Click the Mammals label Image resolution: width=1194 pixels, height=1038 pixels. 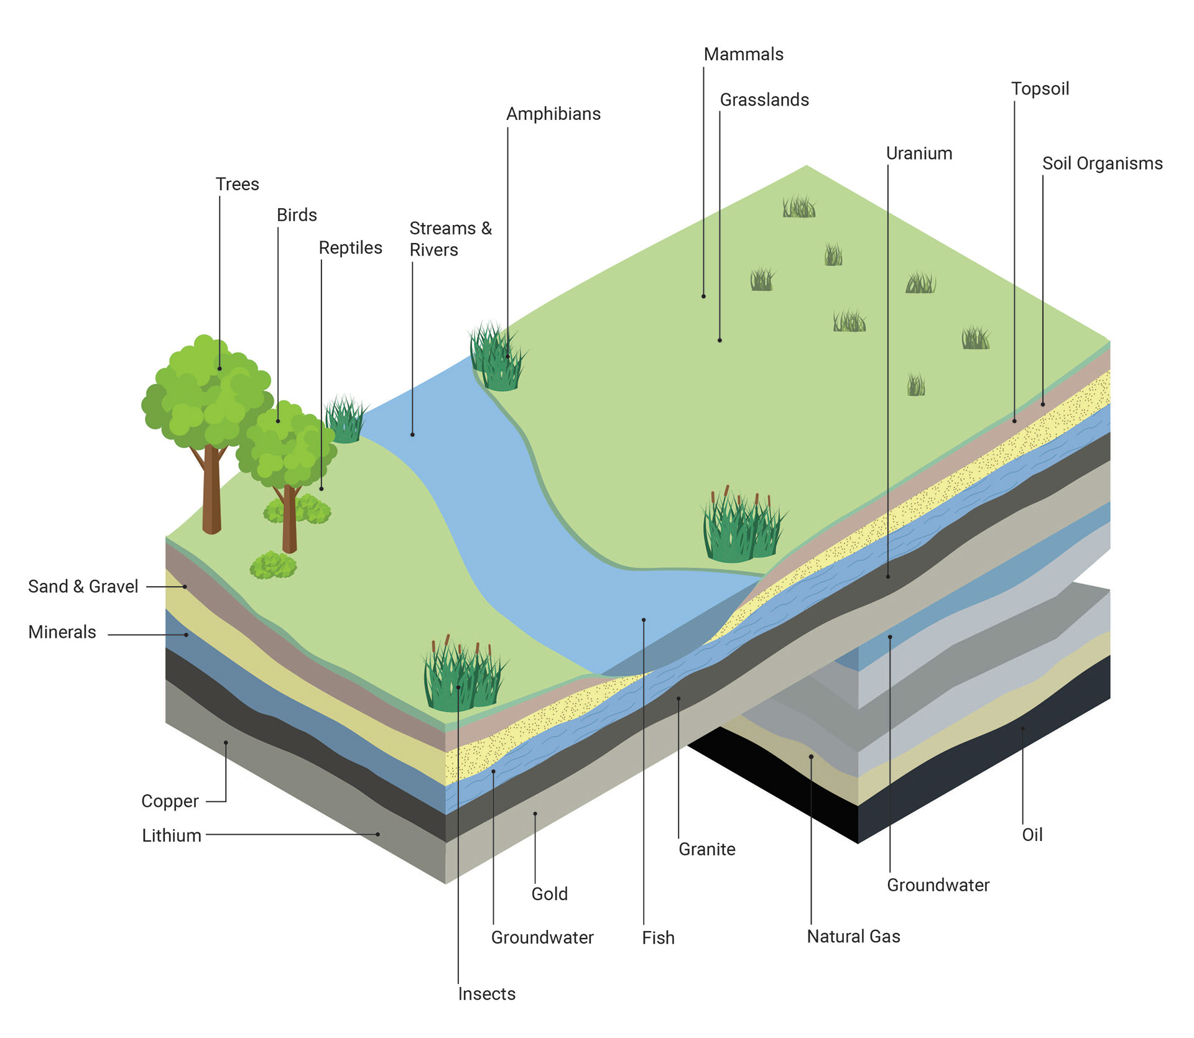click(743, 55)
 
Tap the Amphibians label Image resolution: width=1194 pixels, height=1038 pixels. click(553, 114)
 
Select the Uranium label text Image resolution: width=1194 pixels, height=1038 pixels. click(919, 154)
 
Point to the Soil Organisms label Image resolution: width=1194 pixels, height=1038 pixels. click(1102, 163)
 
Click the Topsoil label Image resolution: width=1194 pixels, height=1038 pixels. click(1040, 89)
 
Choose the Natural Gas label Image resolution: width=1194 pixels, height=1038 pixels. click(853, 936)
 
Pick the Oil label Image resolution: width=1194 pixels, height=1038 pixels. click(1032, 835)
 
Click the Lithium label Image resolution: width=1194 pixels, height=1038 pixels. click(172, 835)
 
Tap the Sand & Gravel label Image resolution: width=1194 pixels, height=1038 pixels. click(83, 587)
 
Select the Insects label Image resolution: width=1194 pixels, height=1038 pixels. click(487, 994)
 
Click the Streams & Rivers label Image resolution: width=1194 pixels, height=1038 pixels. click(450, 239)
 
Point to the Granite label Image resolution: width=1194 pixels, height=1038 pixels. click(707, 849)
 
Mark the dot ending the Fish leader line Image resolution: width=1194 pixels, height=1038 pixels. click(644, 620)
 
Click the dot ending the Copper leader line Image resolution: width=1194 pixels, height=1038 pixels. click(226, 743)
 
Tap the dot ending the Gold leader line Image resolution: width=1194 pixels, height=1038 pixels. click(535, 814)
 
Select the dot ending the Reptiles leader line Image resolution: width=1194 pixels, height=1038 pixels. click(322, 489)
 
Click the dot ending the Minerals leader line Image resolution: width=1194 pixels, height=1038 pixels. click(186, 635)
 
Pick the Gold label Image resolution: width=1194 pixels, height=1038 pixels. click(550, 894)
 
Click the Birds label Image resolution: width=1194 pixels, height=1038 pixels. click(297, 215)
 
